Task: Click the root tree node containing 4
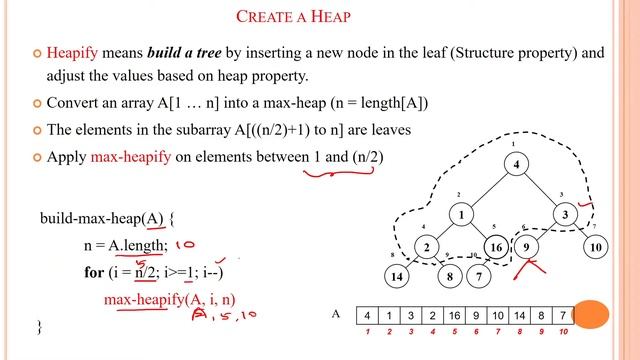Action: [x=516, y=165]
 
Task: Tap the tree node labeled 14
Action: [x=399, y=275]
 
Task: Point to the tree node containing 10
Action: [x=597, y=247]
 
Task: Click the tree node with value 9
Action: [x=530, y=247]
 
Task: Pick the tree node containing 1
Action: [x=461, y=214]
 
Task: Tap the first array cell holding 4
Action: [x=368, y=314]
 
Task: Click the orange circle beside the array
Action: [x=593, y=314]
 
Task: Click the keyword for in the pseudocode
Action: [x=94, y=271]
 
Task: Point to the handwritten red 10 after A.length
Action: [x=185, y=244]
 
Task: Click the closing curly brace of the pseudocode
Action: [x=40, y=327]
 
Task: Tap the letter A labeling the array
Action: [x=337, y=314]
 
